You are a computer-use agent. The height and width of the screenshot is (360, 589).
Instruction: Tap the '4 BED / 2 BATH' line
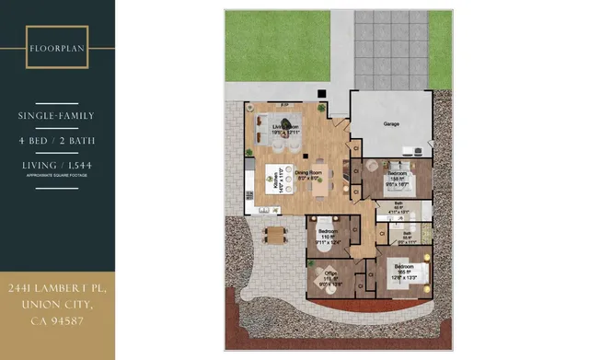(57, 142)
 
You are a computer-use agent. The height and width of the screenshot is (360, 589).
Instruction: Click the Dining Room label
(308, 172)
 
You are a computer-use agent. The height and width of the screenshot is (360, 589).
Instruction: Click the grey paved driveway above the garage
(392, 50)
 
